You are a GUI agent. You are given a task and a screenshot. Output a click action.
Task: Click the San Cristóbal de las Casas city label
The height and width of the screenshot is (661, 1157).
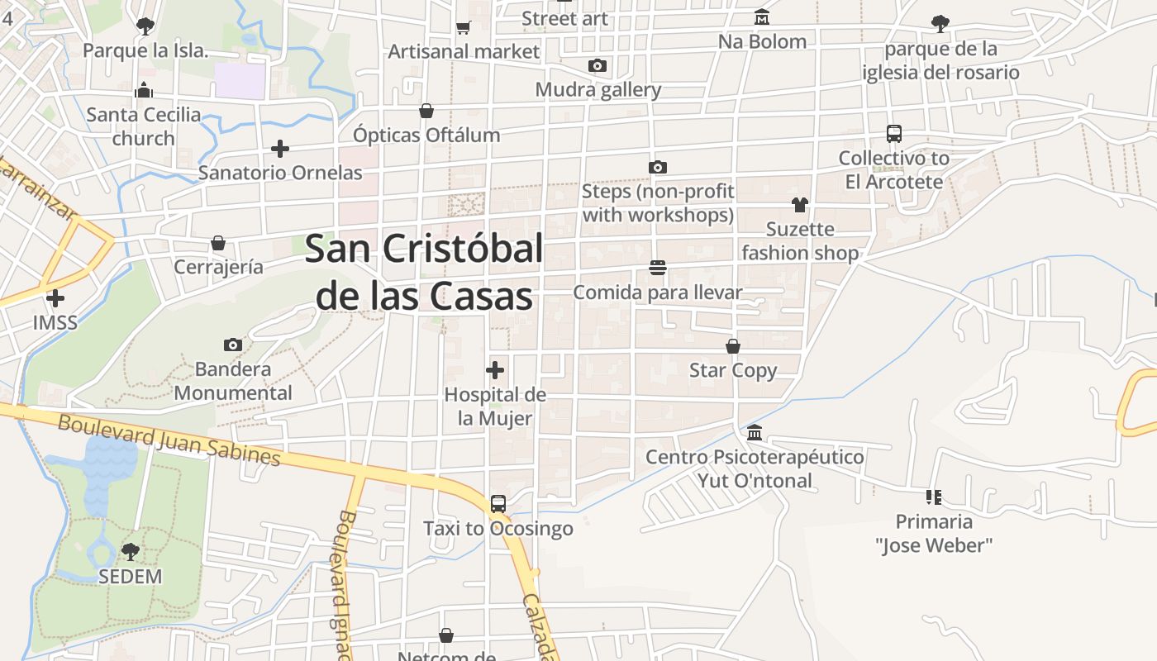coord(424,272)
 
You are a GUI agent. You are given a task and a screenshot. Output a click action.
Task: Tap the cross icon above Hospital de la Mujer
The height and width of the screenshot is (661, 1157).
coord(495,370)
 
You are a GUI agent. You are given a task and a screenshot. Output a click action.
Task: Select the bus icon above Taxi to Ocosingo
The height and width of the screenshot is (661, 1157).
coord(498,503)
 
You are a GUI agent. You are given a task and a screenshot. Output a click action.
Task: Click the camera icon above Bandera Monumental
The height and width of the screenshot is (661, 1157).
coord(233,345)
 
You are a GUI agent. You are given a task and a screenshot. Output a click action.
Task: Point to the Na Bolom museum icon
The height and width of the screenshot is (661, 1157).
coord(761,17)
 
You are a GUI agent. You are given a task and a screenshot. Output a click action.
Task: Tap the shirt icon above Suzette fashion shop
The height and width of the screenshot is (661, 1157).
coord(799,204)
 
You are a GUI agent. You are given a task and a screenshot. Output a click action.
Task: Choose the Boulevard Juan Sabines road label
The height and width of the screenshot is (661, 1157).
coord(169,440)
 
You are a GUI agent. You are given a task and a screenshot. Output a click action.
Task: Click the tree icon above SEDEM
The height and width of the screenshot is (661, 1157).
coord(130,551)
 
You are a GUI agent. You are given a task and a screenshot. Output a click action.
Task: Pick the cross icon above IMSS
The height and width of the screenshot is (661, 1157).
coord(55,297)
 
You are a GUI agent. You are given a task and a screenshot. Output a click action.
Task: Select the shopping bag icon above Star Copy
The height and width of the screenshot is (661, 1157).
coord(733,345)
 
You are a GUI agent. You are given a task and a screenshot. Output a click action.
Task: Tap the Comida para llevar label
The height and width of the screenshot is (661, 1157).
coord(658,292)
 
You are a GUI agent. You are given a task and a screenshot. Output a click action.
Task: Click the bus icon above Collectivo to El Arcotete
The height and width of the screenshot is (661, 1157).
coord(893,133)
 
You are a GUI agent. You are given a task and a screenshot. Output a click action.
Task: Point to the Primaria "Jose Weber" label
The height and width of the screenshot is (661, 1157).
coord(934,533)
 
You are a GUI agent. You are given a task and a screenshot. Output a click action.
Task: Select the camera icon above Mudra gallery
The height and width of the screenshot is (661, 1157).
coord(598,65)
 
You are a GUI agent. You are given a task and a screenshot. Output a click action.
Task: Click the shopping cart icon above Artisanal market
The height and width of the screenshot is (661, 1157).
coord(463,27)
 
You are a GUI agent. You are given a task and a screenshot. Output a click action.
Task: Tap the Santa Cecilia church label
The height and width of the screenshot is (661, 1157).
coord(144,126)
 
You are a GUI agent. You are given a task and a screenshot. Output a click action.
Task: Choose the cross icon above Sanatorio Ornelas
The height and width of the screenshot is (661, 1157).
coord(280,149)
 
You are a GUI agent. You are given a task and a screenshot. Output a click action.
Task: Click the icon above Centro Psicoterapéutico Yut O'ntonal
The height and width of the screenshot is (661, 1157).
coord(755,432)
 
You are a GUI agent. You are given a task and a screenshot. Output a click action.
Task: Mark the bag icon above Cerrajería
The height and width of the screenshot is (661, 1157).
coord(218,243)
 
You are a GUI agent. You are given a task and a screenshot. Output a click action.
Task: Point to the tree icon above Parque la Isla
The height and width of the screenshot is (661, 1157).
coord(145,26)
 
